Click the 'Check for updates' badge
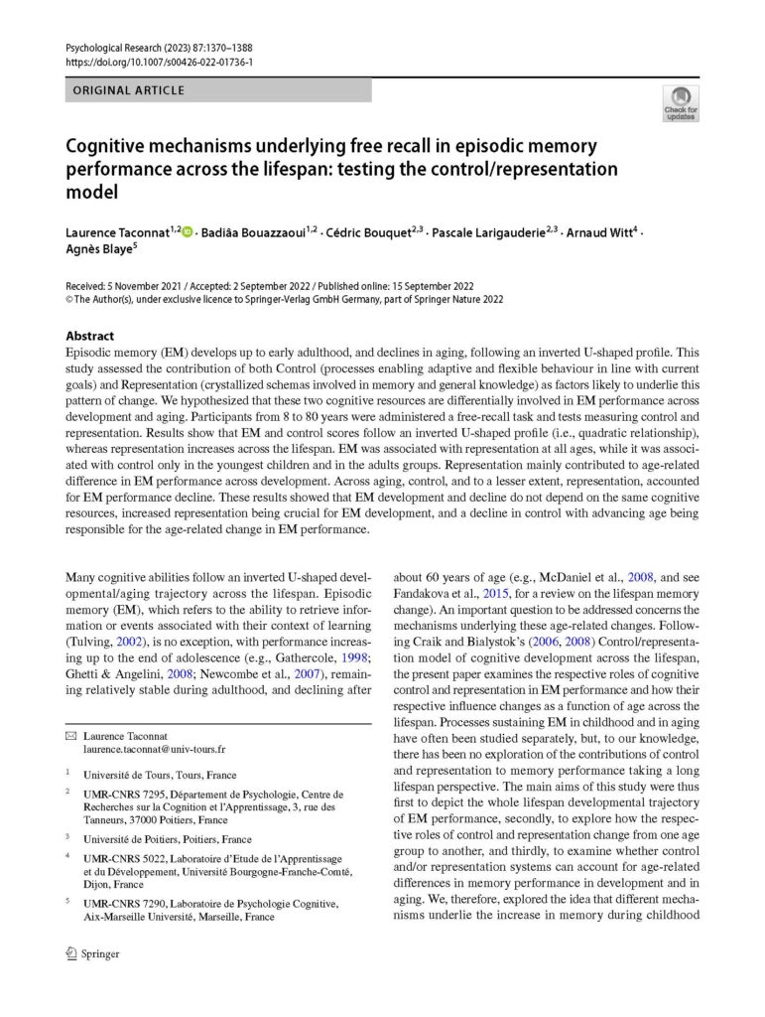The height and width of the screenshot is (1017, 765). [680, 103]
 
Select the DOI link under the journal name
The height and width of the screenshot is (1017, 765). [159, 62]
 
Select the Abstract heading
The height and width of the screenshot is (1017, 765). [89, 336]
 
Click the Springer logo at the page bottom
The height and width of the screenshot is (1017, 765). [91, 953]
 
